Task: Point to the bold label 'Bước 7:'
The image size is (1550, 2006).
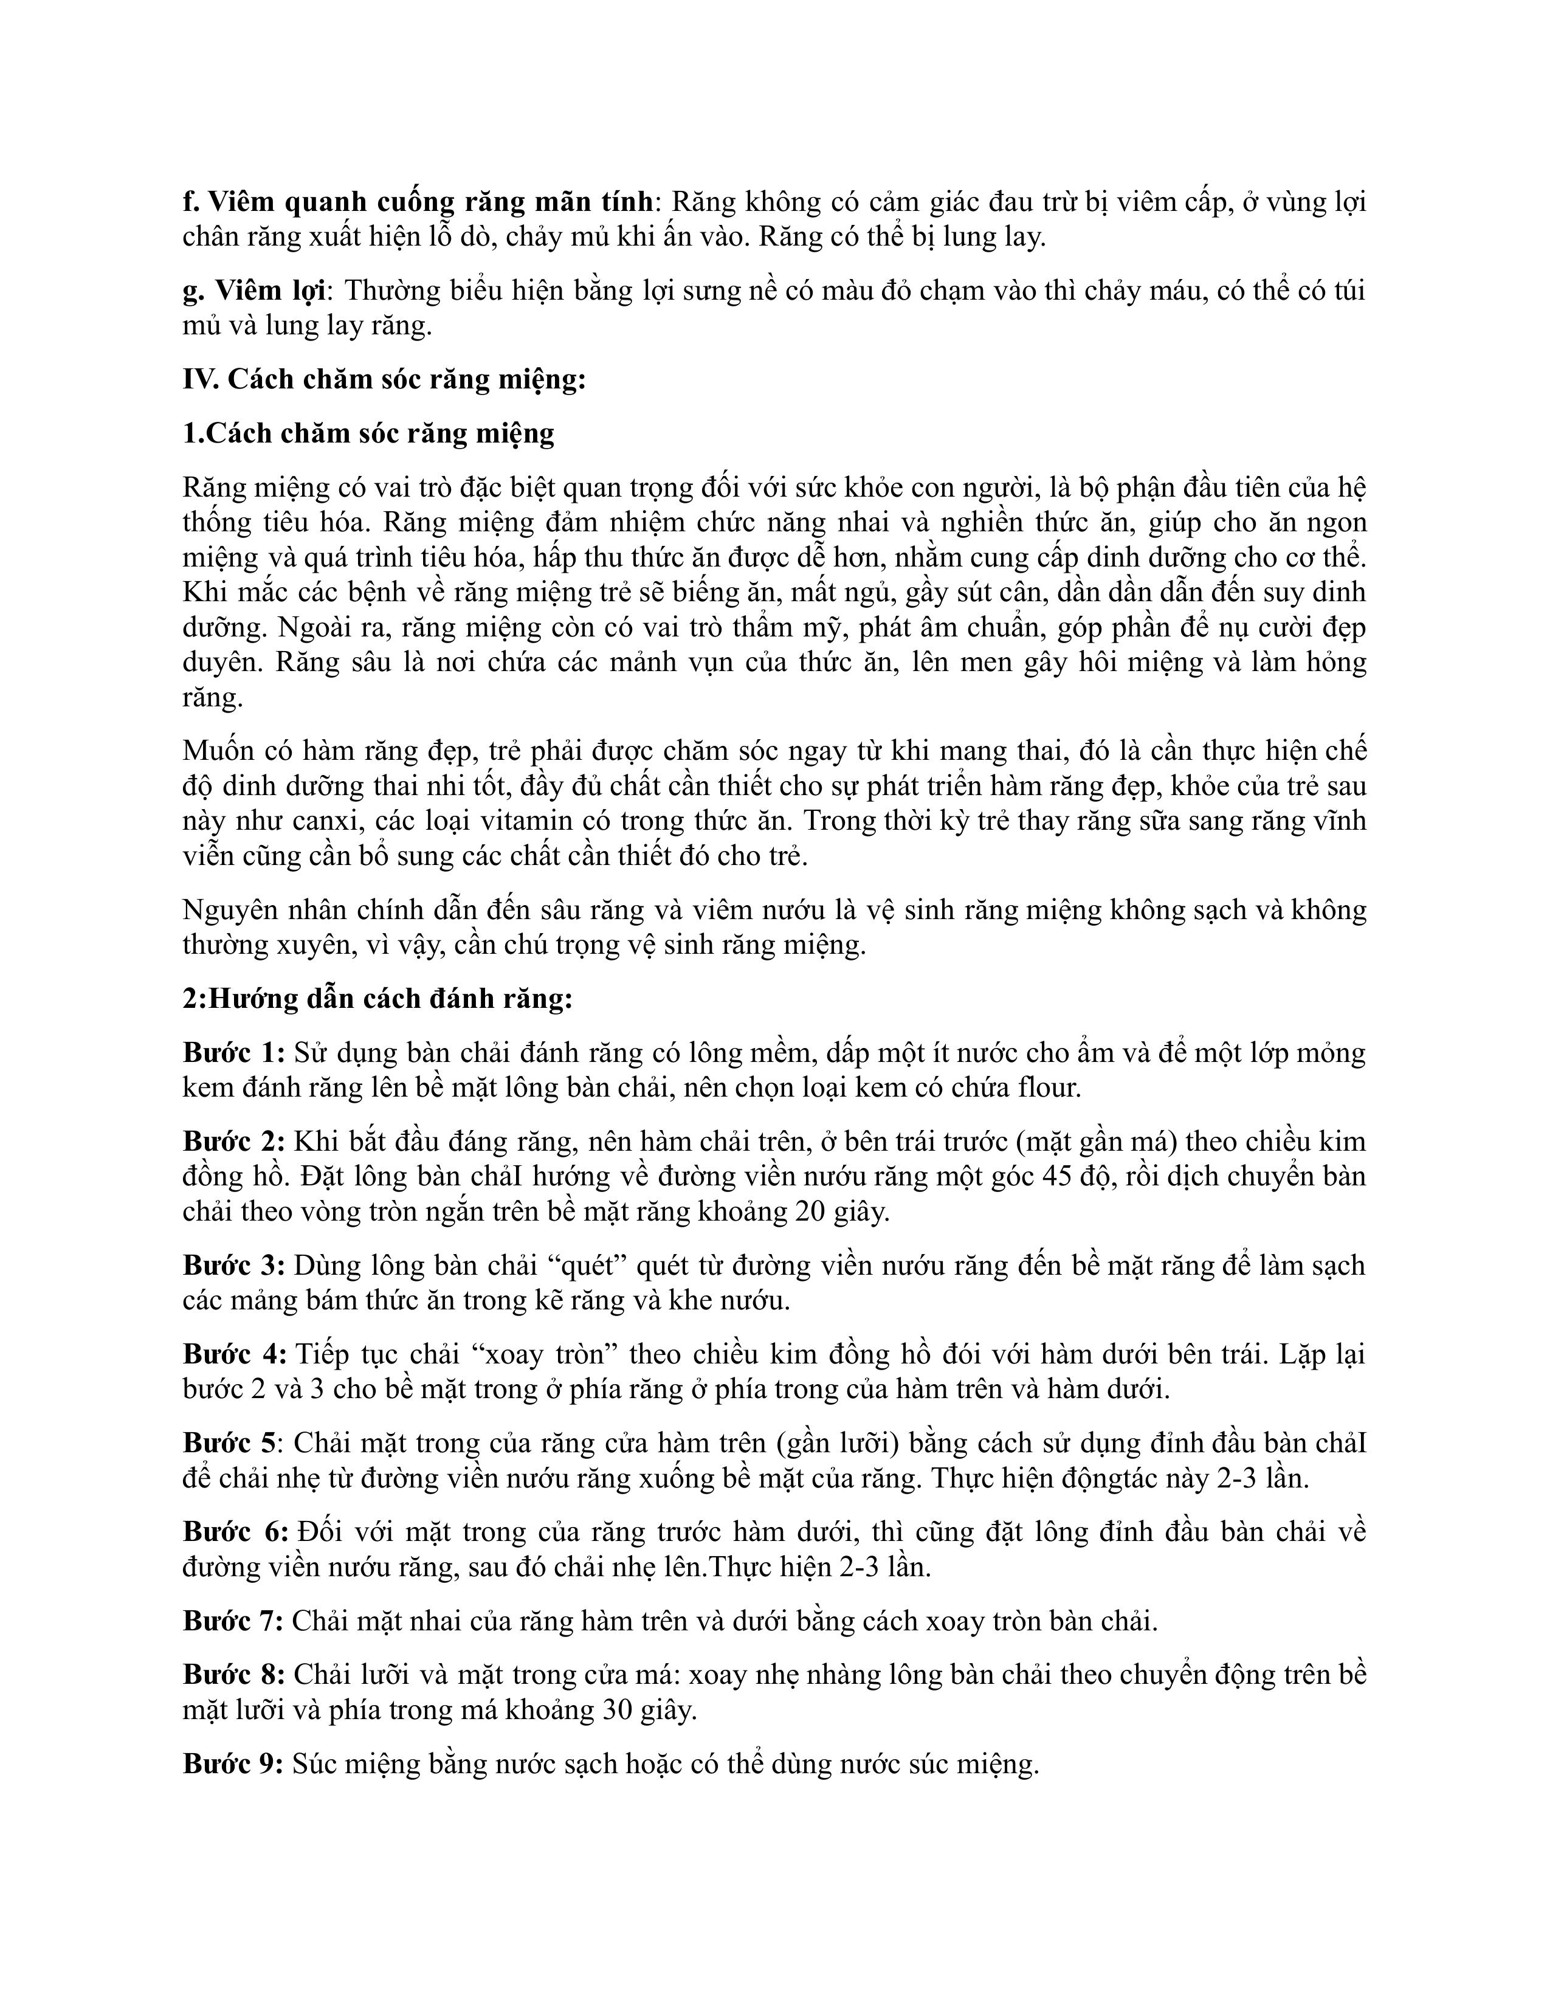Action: point(233,1621)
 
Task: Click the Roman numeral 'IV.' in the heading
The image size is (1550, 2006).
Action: point(200,379)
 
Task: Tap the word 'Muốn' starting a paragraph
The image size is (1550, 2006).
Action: point(218,750)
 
